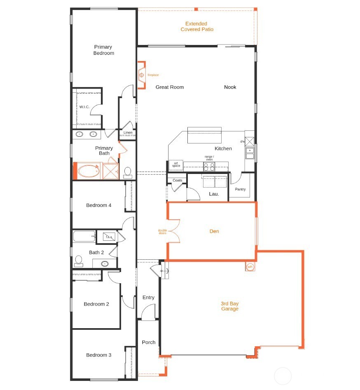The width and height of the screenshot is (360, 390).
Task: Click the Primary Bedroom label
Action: click(103, 50)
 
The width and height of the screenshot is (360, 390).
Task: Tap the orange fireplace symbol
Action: click(141, 75)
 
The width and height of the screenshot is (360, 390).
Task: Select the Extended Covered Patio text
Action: click(197, 27)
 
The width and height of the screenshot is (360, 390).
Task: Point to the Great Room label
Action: click(169, 87)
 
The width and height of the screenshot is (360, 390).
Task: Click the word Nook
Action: click(230, 87)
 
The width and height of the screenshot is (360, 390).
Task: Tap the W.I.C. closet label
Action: click(84, 107)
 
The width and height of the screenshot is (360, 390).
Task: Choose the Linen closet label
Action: click(128, 133)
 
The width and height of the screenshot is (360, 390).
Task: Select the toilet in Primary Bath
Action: click(127, 172)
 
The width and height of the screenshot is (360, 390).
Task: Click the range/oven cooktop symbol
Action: click(209, 167)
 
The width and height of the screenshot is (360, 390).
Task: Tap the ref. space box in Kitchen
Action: click(176, 164)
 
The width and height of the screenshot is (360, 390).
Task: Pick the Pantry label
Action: click(240, 189)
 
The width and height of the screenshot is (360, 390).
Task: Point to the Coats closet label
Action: click(177, 180)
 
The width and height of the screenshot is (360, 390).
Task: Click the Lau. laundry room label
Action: click(214, 193)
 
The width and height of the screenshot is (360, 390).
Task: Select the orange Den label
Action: click(214, 231)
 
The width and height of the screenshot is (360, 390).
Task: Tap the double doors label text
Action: click(162, 232)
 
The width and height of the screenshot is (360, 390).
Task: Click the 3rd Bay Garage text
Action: click(229, 306)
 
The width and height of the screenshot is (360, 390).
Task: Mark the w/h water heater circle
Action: click(250, 267)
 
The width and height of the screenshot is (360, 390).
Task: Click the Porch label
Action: click(149, 342)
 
